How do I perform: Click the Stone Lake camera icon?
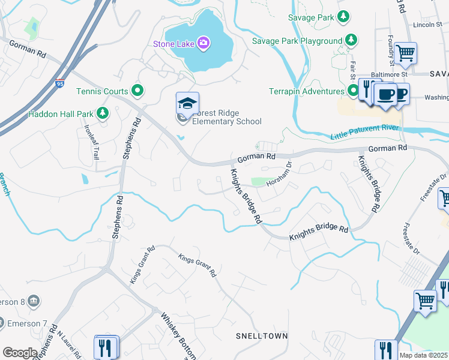pyautogui.click(x=203, y=43)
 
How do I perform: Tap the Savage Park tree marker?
pyautogui.click(x=344, y=17)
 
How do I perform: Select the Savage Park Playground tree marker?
pyautogui.click(x=351, y=40)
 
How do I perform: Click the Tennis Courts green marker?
pyautogui.click(x=137, y=91)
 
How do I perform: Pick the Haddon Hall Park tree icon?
pyautogui.click(x=103, y=113)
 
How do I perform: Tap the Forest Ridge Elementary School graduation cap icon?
pyautogui.click(x=187, y=103)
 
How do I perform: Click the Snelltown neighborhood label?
pyautogui.click(x=261, y=336)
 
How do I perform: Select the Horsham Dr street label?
pyautogui.click(x=279, y=173)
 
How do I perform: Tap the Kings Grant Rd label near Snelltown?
pyautogui.click(x=197, y=265)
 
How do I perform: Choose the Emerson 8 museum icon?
pyautogui.click(x=33, y=301)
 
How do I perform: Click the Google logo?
pyautogui.click(x=20, y=352)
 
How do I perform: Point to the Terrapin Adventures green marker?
pyautogui.click(x=354, y=91)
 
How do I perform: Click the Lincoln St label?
pyautogui.click(x=427, y=25)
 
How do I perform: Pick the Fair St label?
pyautogui.click(x=352, y=70)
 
